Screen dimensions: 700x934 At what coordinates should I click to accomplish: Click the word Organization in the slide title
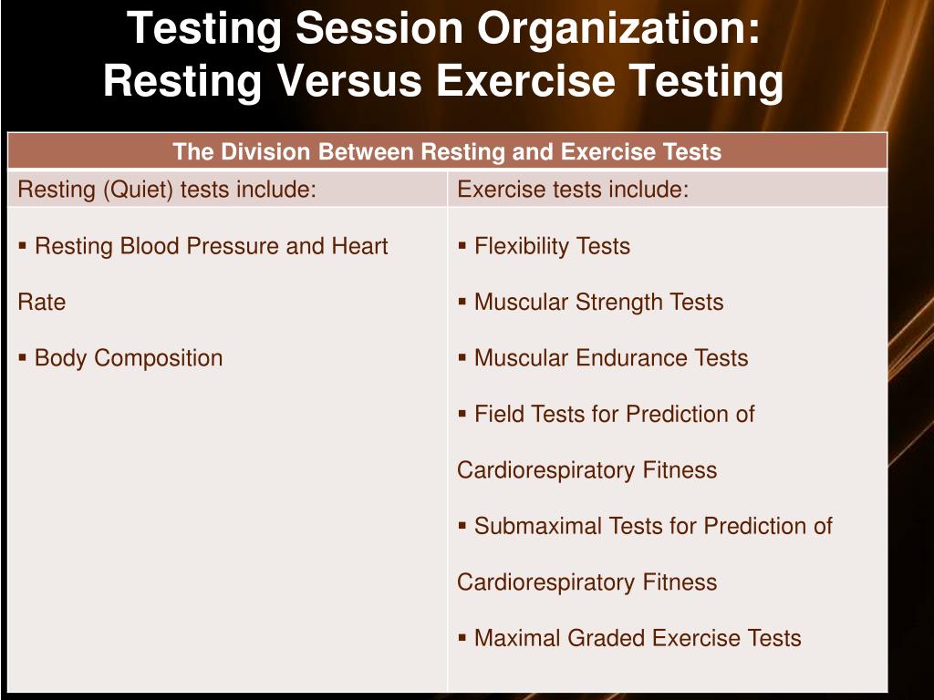coord(621,29)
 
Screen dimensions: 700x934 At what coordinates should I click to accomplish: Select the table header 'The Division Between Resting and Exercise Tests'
coord(447,151)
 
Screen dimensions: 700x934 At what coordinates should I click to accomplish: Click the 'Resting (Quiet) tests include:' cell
coord(167,190)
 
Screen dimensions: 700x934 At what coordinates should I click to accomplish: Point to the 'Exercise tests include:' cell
coord(573,190)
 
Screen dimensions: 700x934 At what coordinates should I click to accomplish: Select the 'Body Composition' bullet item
coord(128,358)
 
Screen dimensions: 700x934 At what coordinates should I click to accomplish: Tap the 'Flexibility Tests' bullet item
coord(552,246)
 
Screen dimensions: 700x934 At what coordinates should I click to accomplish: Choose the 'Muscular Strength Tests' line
coord(598,303)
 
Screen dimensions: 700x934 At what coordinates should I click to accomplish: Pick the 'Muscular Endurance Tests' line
coord(611,358)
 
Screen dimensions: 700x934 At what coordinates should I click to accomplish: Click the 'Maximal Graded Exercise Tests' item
coord(638,638)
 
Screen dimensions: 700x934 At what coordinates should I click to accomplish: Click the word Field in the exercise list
coord(497,415)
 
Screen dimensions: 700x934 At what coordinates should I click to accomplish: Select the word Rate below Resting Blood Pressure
coord(42,303)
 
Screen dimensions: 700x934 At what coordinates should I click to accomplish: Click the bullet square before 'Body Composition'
coord(23,358)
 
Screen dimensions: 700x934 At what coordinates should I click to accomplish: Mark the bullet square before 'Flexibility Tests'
coord(463,246)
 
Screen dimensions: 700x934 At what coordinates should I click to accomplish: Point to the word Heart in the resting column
coord(359,246)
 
